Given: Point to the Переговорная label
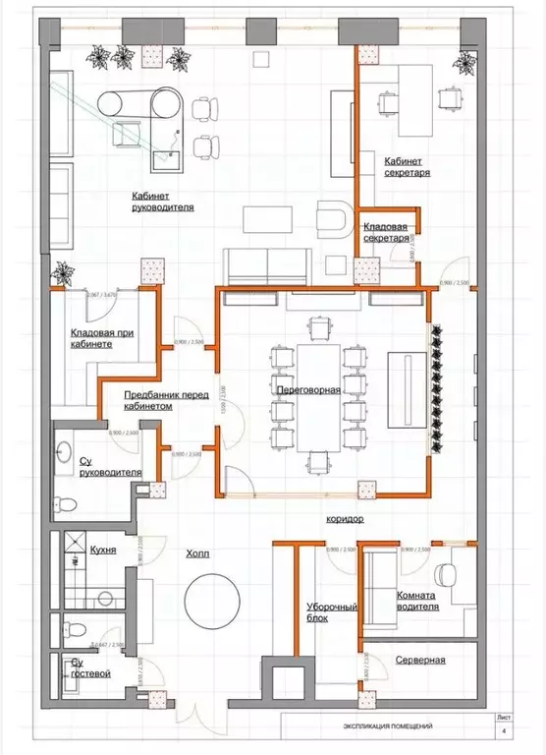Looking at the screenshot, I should [308, 389].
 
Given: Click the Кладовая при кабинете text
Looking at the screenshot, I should [102, 339].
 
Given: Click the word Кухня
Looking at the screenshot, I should [103, 550].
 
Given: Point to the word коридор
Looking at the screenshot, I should [345, 517].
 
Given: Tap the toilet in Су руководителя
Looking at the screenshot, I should [65, 505].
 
